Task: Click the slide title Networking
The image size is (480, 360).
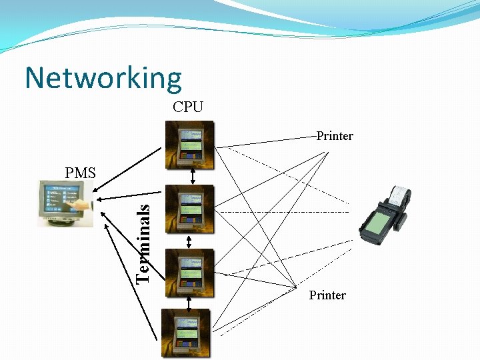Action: (x=103, y=78)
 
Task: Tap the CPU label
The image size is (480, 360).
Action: (x=188, y=107)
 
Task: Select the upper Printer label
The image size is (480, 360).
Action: (x=335, y=136)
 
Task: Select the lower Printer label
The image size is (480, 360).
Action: (x=327, y=295)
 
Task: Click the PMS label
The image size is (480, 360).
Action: (x=81, y=173)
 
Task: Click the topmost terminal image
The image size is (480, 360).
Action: (x=190, y=145)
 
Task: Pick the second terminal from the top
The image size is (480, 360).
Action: (x=190, y=209)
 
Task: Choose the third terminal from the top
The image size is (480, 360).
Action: (x=190, y=273)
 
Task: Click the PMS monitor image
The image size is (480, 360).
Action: (x=64, y=203)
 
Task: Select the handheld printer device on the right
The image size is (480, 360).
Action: (x=386, y=214)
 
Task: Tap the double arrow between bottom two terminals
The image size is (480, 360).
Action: (x=190, y=303)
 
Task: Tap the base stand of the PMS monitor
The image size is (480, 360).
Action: (x=62, y=221)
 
